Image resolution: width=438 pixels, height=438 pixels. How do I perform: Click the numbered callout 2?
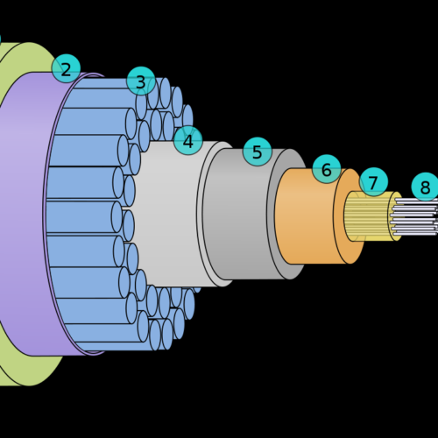tap(66, 68)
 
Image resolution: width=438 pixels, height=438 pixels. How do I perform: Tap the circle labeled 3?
tap(141, 81)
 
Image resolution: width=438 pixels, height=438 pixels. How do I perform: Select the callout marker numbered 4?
tap(188, 140)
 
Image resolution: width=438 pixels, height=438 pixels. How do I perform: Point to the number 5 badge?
tap(258, 152)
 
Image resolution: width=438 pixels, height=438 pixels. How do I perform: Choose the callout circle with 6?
tap(327, 169)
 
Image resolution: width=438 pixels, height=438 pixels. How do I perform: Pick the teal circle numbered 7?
tap(373, 181)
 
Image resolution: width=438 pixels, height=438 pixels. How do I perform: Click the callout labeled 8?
tap(426, 187)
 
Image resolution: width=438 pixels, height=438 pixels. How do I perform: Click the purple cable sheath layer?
tap(24, 213)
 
